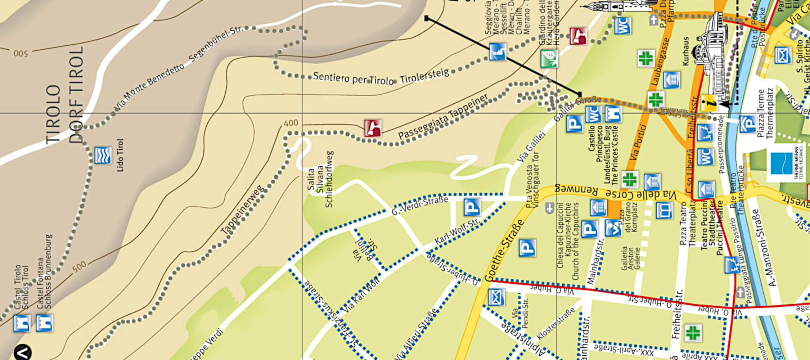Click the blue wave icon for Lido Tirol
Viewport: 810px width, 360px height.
tap(103, 156)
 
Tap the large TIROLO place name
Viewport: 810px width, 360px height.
tap(53, 114)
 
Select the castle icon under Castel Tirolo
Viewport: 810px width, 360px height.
tap(22, 323)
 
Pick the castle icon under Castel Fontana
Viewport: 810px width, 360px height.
tap(44, 323)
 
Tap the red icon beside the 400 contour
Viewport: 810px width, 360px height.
tap(373, 128)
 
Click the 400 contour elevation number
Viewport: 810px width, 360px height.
tap(291, 123)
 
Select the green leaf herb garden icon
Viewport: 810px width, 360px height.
tap(549, 58)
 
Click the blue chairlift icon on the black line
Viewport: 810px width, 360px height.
tap(498, 52)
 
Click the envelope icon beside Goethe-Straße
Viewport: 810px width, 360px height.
tap(496, 297)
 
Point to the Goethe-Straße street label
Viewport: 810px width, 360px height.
tap(504, 252)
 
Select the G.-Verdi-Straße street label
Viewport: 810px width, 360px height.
tap(420, 206)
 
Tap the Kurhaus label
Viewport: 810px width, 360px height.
tap(686, 51)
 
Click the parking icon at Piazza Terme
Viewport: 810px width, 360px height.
tap(747, 124)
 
